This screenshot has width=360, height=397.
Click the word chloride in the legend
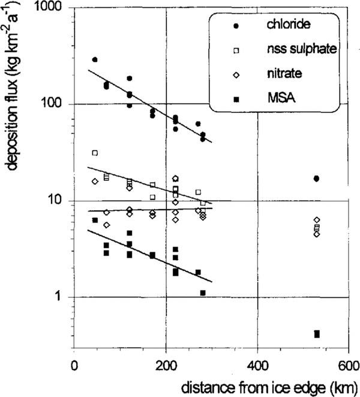coord(290,25)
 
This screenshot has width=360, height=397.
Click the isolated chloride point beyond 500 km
coord(317,178)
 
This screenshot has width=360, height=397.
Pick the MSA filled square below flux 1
coord(317,334)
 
